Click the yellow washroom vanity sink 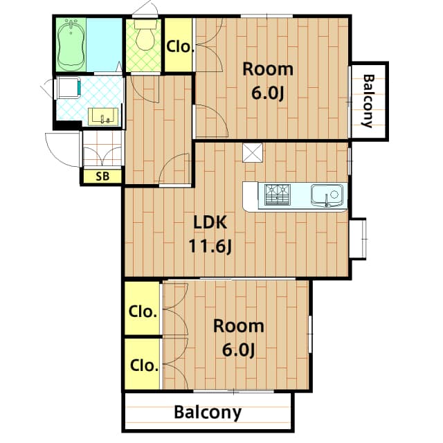coord(105,116)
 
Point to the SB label coord(102,176)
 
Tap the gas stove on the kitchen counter coord(278,195)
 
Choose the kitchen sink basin coord(326,195)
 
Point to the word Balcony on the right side coord(368,101)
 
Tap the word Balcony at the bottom coord(208,413)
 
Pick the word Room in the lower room coord(238,325)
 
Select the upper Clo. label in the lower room coord(143,311)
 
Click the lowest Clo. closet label coord(143,364)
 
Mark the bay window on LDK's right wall coord(358,239)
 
